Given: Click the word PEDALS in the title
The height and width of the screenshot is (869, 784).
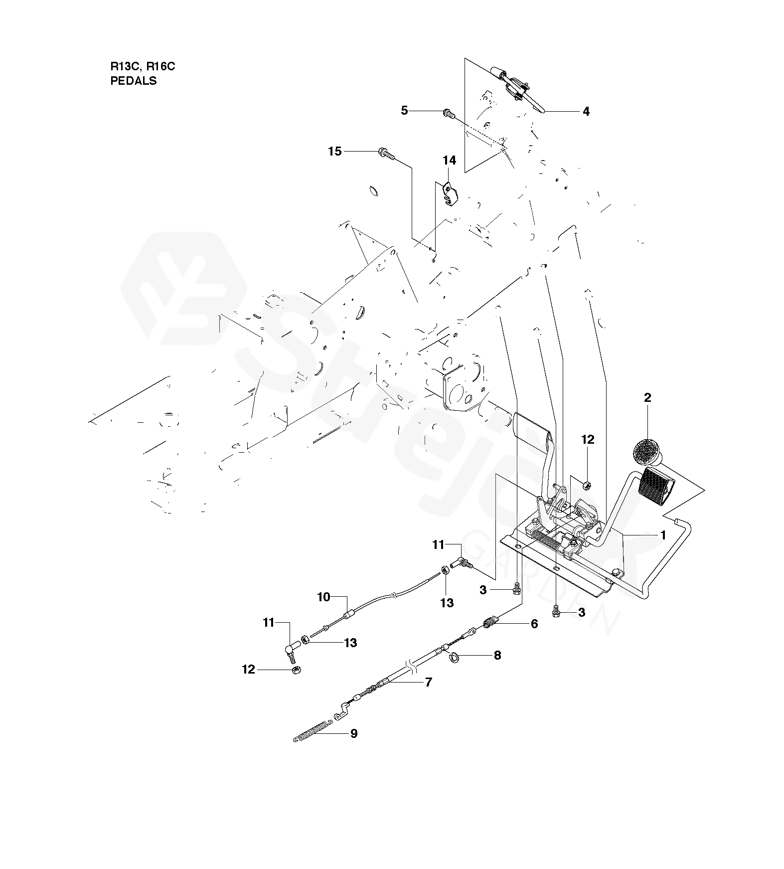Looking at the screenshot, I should tap(133, 81).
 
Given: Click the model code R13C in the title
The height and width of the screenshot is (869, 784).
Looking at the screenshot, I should tap(121, 66).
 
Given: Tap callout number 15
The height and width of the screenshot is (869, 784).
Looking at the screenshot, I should tap(335, 151).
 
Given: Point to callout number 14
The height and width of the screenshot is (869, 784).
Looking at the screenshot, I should tap(449, 160).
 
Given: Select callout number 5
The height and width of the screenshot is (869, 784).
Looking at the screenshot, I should tap(404, 111).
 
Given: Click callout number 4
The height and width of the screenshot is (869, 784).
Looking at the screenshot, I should tap(586, 112).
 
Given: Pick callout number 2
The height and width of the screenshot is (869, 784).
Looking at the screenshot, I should tap(647, 398).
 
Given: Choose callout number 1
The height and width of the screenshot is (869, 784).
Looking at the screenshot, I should tap(663, 535).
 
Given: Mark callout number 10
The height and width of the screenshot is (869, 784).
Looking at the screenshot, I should tap(324, 597).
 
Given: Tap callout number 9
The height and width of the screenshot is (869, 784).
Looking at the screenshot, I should tap(354, 733).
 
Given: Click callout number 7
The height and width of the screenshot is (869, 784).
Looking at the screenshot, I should tap(429, 682).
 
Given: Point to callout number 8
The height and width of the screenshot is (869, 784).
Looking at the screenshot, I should tap(497, 655).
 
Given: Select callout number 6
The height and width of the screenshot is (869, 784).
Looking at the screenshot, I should tap(534, 624).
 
